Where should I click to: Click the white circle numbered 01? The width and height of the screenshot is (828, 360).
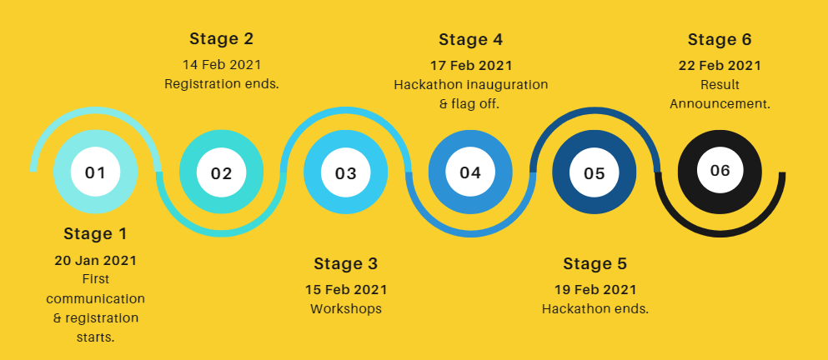[x=96, y=172]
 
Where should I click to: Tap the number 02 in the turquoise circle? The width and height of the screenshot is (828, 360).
[x=221, y=173]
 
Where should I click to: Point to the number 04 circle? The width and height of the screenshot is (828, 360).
[x=470, y=172]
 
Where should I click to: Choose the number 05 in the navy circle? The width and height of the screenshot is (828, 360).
[x=594, y=173]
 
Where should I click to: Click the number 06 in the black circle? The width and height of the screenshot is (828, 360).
[x=720, y=171]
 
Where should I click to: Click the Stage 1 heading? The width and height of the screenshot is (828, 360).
[x=96, y=234]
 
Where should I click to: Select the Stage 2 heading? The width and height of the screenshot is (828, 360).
[x=221, y=39]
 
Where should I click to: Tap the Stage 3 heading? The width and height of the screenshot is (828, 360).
[x=346, y=263]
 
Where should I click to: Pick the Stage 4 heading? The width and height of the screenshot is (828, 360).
[x=470, y=40]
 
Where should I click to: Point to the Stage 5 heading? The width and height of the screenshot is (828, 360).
[x=595, y=263]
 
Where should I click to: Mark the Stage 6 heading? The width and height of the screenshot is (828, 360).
[x=720, y=40]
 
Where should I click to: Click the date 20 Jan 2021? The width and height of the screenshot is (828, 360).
[x=96, y=260]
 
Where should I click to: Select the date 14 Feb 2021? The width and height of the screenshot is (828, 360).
[x=222, y=65]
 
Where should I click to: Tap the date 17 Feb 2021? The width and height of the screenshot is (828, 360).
[x=471, y=66]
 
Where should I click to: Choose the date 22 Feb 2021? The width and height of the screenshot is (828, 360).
[x=720, y=66]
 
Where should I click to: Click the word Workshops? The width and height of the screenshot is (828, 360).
[x=346, y=309]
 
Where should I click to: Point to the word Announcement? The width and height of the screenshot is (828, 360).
[x=720, y=104]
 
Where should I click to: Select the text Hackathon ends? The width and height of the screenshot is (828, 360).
[x=595, y=309]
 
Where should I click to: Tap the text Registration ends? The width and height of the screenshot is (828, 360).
[x=222, y=84]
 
